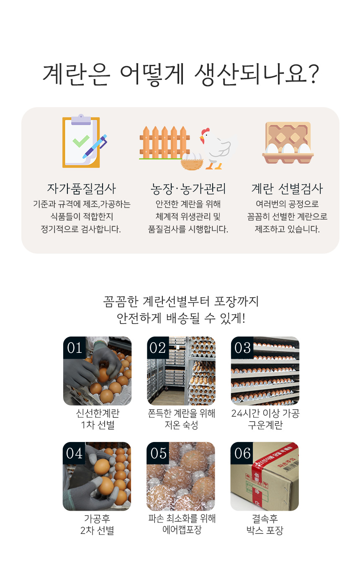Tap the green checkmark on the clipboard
pyautogui.click(x=81, y=141)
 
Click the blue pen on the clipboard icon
pyautogui.click(x=95, y=146)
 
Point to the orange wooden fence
pyautogui.click(x=164, y=143)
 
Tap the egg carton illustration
pyautogui.click(x=288, y=143)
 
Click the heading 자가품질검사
pyautogui.click(x=81, y=189)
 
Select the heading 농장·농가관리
pyautogui.click(x=188, y=189)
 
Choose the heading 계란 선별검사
pyautogui.click(x=287, y=189)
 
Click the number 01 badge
pyautogui.click(x=75, y=348)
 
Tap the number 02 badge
pyautogui.click(x=158, y=348)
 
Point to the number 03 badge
pyautogui.click(x=242, y=348)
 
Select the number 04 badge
pyautogui.click(x=74, y=453)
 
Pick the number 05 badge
pyautogui.click(x=158, y=453)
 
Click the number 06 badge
pyautogui.click(x=242, y=453)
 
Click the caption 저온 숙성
pyautogui.click(x=181, y=425)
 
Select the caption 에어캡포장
pyautogui.click(x=182, y=530)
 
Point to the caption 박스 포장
pyautogui.click(x=265, y=530)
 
